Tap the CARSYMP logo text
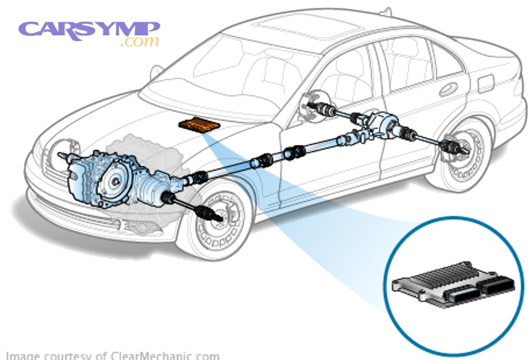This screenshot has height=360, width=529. pyautogui.click(x=88, y=29)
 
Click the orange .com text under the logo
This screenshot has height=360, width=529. pyautogui.click(x=139, y=42)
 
